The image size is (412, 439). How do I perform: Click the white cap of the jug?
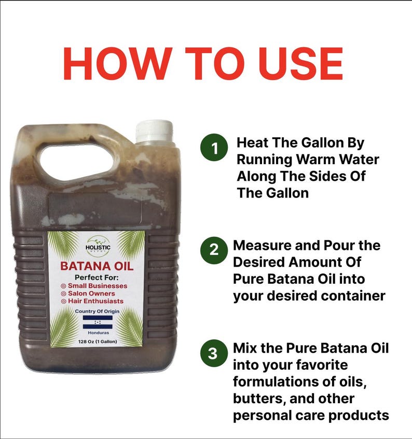point(154,131)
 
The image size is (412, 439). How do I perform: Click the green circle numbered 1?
point(214,149)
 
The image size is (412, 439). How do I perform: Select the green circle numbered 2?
point(213,250)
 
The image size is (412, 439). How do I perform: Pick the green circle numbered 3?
point(213,354)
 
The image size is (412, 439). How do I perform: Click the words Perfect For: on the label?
point(97,277)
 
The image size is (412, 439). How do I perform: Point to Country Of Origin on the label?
point(97,311)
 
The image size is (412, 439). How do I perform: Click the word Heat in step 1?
point(252,143)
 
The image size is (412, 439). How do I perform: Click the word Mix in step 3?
point(245,348)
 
